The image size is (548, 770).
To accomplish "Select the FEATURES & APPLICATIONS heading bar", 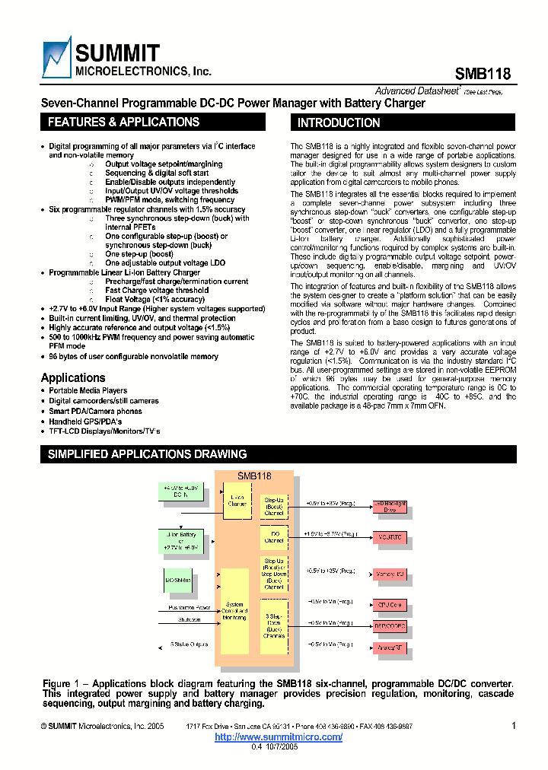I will click(153, 123).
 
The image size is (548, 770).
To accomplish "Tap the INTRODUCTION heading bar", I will click(403, 123).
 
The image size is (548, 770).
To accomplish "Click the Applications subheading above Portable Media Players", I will click(73, 377).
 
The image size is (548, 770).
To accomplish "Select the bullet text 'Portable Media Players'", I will click(88, 391).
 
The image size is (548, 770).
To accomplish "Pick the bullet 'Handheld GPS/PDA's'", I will click(85, 421).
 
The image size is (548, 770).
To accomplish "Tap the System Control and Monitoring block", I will click(234, 611).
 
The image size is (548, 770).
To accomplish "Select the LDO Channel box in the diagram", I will click(274, 538).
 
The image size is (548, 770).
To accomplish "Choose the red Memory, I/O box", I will click(390, 574).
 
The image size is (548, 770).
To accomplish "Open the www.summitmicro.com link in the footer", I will click(279, 737).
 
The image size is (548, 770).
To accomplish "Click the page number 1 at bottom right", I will click(513, 727).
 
